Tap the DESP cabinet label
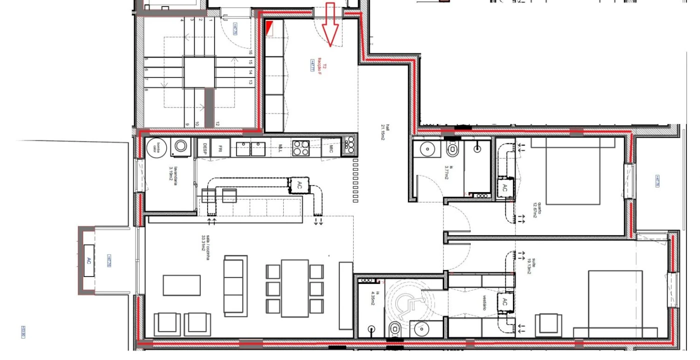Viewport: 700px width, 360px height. [x=205, y=147]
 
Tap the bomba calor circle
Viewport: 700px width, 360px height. [x=156, y=148]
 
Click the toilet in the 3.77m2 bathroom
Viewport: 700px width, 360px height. [x=453, y=148]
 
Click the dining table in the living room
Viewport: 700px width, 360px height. [x=295, y=287]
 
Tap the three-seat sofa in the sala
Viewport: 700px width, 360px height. [x=235, y=285]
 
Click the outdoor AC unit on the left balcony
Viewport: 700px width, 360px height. [x=89, y=260]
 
